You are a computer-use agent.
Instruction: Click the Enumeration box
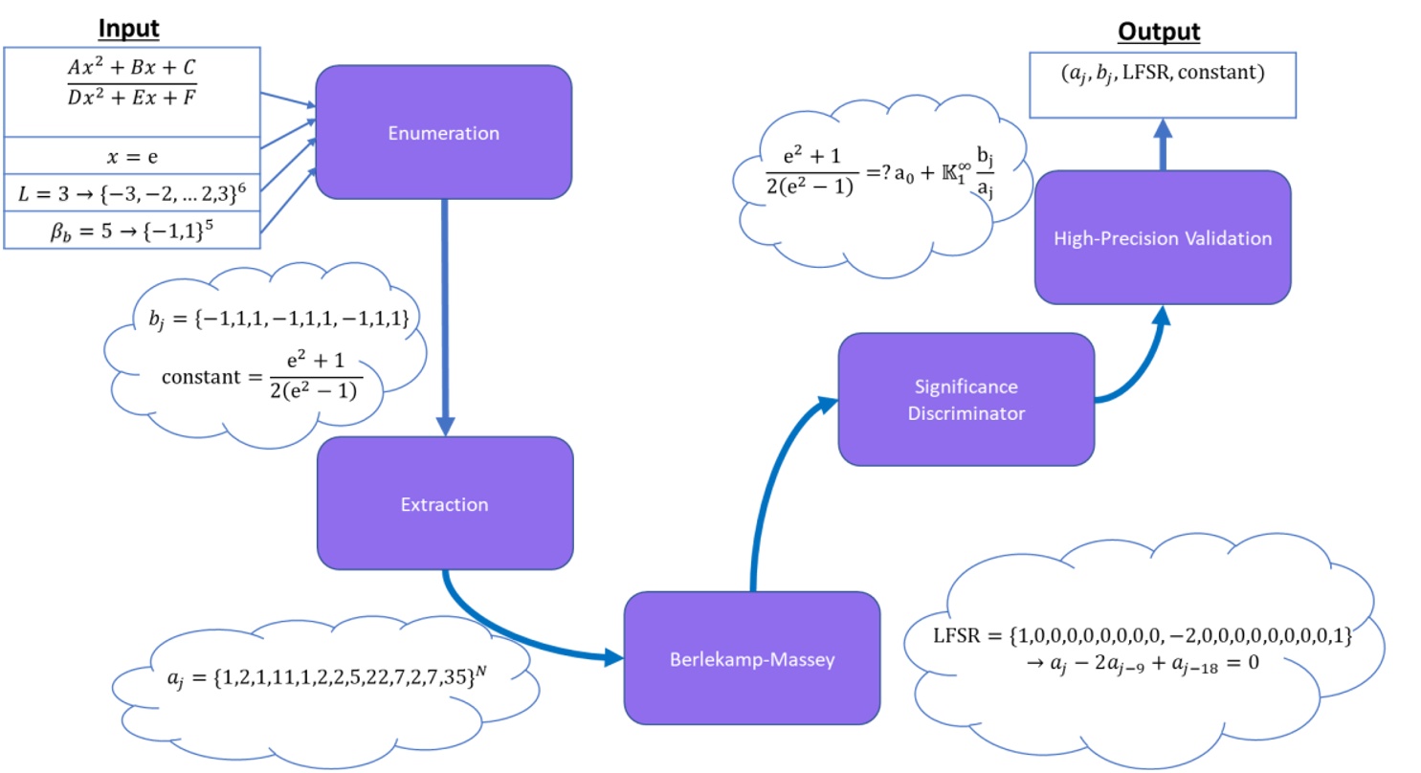pos(443,133)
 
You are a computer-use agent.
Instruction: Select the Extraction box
pos(445,504)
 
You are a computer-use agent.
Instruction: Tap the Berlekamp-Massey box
pos(751,658)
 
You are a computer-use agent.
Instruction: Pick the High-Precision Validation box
pos(1162,237)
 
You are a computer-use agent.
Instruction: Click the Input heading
pos(132,28)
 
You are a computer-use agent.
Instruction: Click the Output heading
pos(1160,32)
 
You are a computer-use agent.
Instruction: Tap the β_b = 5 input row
pos(132,231)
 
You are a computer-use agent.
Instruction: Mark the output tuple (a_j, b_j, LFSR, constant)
pos(1160,71)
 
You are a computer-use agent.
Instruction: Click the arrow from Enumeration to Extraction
pos(446,316)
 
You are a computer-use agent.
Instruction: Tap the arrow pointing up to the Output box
pos(1162,144)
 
